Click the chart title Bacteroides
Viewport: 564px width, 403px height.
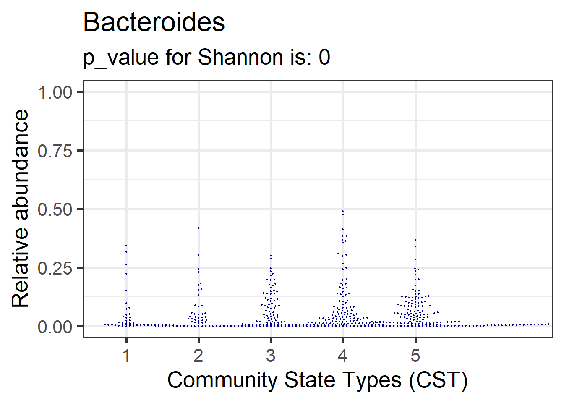click(x=154, y=23)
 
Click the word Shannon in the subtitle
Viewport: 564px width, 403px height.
click(x=240, y=57)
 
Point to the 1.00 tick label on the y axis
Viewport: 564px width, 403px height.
click(x=55, y=92)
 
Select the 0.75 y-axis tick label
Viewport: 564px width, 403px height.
click(x=55, y=151)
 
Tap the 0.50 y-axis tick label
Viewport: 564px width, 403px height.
click(x=55, y=209)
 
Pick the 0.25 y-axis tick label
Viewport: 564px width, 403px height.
click(x=55, y=268)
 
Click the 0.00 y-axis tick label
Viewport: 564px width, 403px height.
click(x=55, y=327)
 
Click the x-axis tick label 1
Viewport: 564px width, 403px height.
click(x=126, y=356)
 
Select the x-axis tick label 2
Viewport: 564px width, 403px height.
click(x=198, y=356)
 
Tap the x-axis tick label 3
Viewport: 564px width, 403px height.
click(x=271, y=356)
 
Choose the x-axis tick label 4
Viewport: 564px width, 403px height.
click(x=343, y=356)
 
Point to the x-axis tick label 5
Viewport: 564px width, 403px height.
click(x=415, y=356)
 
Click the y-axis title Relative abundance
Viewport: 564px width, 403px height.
click(x=20, y=209)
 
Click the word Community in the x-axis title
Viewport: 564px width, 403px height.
click(x=223, y=380)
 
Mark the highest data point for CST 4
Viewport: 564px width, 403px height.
click(x=343, y=211)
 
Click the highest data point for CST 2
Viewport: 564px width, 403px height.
click(x=198, y=228)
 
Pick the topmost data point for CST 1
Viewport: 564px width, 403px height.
click(x=126, y=245)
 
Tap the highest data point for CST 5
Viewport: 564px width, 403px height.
click(x=415, y=240)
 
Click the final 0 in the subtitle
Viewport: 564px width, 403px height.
click(x=324, y=57)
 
